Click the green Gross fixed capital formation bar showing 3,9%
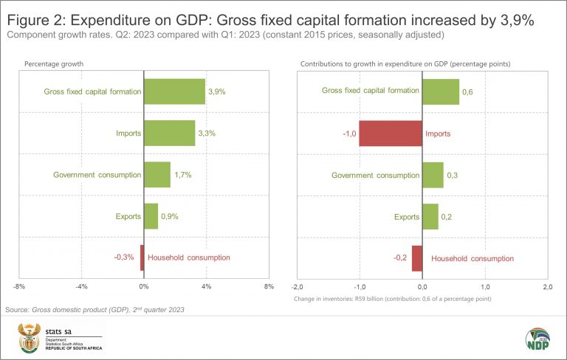174,91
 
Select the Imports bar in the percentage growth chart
169,133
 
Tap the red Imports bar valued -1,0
391,133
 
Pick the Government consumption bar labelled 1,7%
157,175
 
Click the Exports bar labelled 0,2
430,216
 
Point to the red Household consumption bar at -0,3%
142,257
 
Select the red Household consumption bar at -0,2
416,258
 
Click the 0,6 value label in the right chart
467,91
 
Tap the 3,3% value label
207,133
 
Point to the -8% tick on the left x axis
19,286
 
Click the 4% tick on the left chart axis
206,286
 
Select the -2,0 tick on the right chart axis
298,286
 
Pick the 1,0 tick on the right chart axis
485,286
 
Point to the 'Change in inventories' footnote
393,299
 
